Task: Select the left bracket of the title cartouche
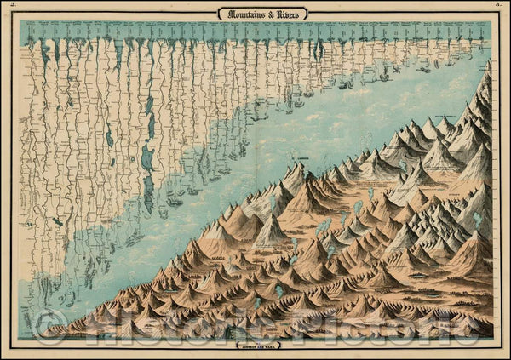click(219, 13)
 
